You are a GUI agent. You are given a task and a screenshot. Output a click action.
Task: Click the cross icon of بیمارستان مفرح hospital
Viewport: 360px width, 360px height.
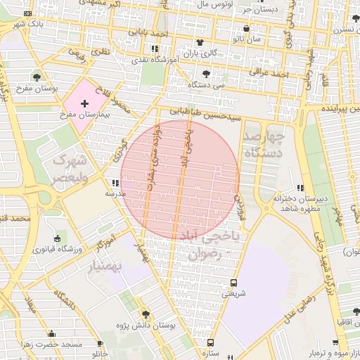point(85,103)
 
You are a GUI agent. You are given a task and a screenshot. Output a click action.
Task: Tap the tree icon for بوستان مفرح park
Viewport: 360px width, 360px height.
point(36,77)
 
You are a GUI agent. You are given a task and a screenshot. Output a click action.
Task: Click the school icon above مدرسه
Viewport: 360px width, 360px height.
point(115,184)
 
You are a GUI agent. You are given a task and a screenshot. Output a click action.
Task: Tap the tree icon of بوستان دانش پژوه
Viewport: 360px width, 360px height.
point(146,314)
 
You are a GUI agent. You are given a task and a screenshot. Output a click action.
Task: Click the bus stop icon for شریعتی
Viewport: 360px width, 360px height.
point(233,283)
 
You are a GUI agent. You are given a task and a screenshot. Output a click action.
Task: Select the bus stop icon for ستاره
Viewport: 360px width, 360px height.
point(210,342)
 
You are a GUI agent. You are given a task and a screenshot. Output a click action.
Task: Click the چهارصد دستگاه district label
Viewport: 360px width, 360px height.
point(264,144)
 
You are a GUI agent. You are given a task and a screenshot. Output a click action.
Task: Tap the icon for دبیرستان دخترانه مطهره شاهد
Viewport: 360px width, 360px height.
point(301,188)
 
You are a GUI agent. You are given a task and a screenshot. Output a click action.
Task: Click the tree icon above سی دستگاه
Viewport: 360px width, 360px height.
point(205,73)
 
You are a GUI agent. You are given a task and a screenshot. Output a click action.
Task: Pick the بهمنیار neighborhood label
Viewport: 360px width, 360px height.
point(120,267)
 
